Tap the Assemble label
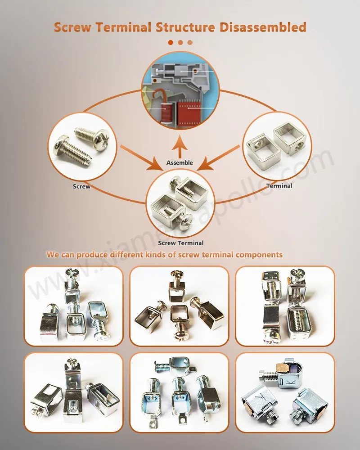[x=180, y=162]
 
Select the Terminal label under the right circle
[x=279, y=185]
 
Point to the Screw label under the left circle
[x=81, y=186]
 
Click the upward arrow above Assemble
[x=180, y=148]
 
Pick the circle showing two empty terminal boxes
[x=277, y=145]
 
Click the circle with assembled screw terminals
[x=180, y=201]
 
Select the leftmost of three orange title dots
[x=171, y=42]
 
